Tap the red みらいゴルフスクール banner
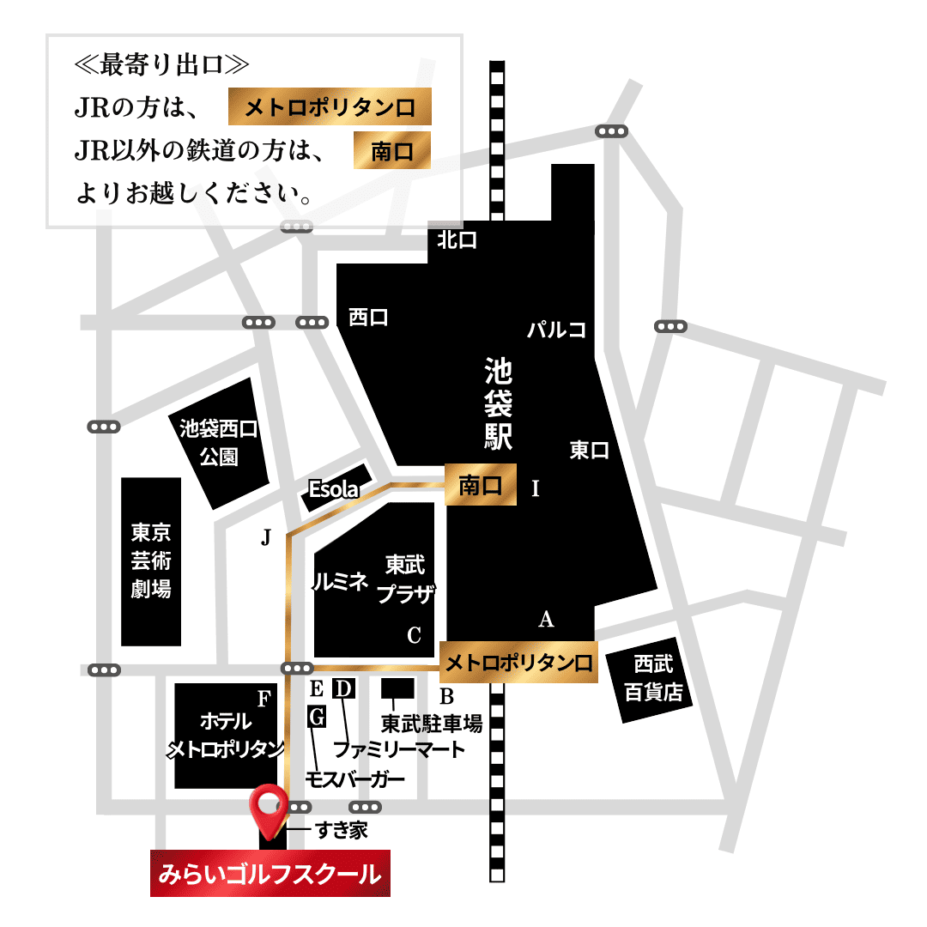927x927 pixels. tap(270, 874)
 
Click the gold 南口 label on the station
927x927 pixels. tap(481, 485)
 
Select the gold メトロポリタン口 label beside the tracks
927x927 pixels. tap(518, 663)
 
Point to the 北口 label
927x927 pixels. tap(457, 240)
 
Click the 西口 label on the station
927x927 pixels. tap(368, 317)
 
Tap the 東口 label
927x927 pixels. tap(590, 450)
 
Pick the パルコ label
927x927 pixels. tap(556, 329)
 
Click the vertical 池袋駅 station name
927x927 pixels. tap(499, 403)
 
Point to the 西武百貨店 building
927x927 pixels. tap(653, 678)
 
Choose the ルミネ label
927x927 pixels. tap(340, 581)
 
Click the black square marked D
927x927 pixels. tap(342, 688)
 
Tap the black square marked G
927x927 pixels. tap(317, 717)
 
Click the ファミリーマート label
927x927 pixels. tap(399, 748)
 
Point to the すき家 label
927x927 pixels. tap(341, 830)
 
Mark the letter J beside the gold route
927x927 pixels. tap(266, 538)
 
